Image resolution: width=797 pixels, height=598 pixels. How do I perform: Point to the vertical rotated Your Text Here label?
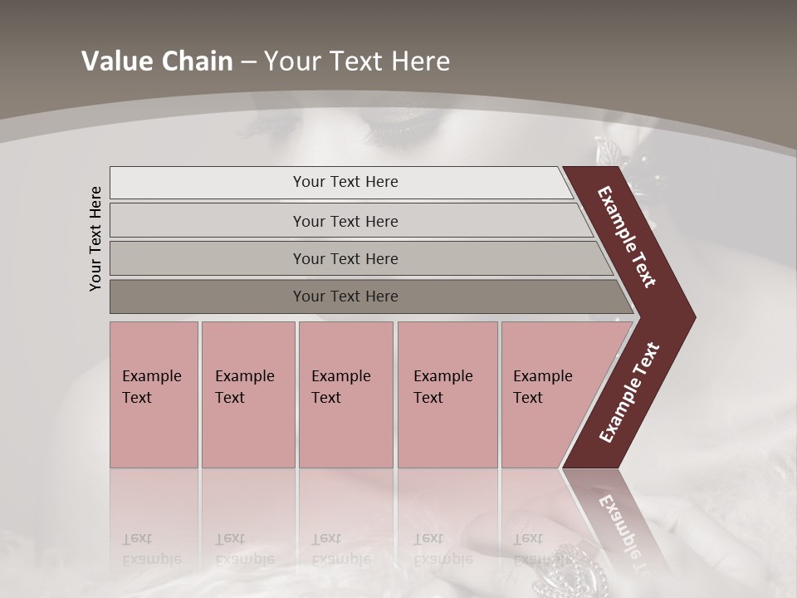[x=95, y=238]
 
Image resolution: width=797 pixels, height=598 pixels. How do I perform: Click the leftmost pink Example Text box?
[x=154, y=395]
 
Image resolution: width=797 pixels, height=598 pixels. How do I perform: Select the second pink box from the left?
[x=247, y=395]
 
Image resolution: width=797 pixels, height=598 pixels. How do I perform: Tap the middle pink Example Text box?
[x=345, y=395]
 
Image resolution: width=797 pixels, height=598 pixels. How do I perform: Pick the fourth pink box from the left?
[x=447, y=395]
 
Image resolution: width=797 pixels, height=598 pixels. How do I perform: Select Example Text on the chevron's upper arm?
[x=628, y=237]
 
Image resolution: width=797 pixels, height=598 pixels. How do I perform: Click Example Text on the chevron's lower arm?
[x=629, y=393]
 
